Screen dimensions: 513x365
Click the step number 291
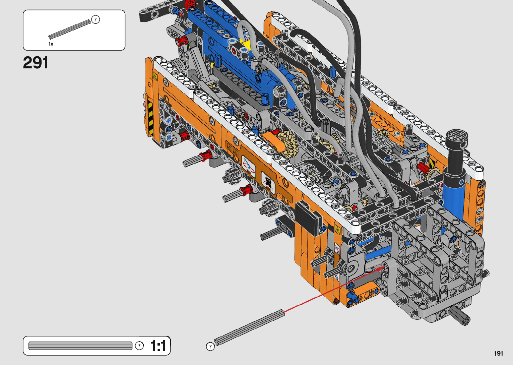coord(36,63)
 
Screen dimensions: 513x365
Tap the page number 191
coord(499,353)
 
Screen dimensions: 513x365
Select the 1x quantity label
coord(51,44)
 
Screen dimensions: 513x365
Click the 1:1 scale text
coord(158,346)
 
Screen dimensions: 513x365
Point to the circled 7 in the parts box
coord(95,19)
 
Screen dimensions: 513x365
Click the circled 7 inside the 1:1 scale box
coord(139,346)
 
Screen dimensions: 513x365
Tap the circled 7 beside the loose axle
coord(210,347)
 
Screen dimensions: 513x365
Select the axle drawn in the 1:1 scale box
coord(80,346)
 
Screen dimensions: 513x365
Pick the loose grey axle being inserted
coord(249,327)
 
